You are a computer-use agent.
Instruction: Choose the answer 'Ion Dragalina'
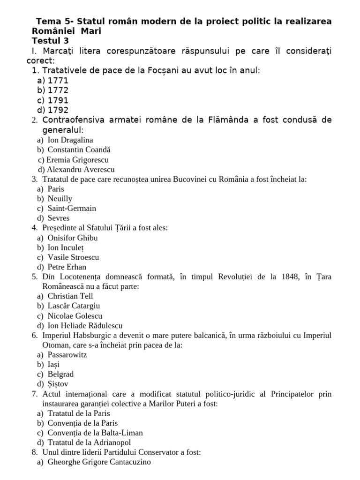70,140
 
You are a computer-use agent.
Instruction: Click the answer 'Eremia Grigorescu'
77,160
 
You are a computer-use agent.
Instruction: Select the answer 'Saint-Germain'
72,208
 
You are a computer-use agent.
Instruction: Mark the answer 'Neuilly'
60,199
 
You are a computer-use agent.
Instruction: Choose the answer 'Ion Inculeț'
66,247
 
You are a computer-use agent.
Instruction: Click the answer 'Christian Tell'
70,296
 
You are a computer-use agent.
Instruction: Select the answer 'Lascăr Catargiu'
74,306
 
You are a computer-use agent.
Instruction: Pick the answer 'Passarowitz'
67,355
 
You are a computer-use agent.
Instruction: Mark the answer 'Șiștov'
58,384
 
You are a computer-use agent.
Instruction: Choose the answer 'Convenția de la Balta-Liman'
95,433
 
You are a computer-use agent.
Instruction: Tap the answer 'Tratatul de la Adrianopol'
89,442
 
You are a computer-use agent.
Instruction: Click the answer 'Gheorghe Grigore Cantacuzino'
99,462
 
